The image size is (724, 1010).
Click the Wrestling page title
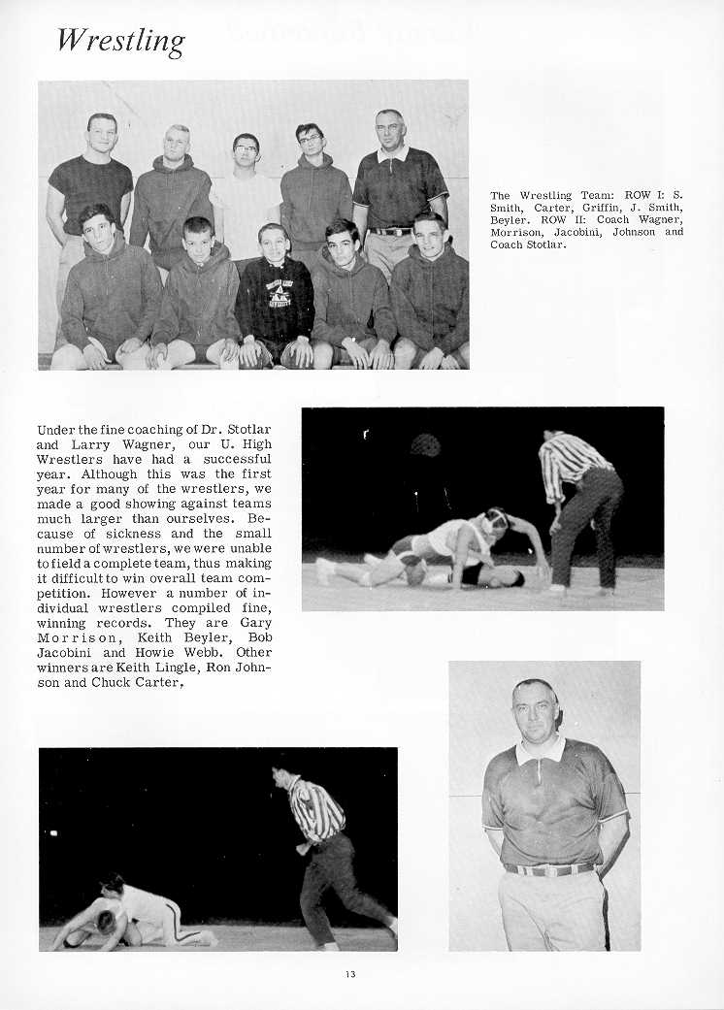tap(119, 42)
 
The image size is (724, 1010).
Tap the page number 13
tap(349, 973)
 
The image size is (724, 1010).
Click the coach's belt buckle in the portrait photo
tap(555, 869)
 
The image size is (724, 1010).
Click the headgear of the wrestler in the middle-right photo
tap(496, 519)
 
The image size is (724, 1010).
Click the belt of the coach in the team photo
tap(392, 231)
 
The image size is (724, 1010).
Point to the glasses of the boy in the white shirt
tap(247, 148)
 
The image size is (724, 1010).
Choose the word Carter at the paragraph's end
tap(155, 682)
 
